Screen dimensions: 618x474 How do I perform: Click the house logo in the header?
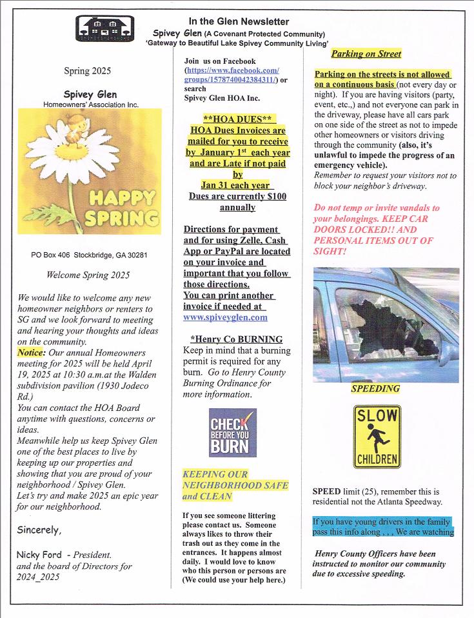coord(105,28)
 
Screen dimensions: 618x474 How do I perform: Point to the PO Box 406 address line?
coord(89,255)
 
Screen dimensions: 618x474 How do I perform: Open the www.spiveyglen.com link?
coord(225,317)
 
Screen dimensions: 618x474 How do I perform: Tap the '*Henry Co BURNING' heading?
coord(237,339)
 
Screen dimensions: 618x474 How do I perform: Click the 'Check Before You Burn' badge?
coord(232,432)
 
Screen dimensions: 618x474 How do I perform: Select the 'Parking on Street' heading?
coord(366,54)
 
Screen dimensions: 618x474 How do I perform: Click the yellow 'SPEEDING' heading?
coord(375,388)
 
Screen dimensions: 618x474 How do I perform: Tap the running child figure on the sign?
coord(376,440)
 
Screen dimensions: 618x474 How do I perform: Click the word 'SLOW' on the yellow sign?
coord(377,416)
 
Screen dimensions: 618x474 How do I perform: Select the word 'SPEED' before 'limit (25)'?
coord(326,491)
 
